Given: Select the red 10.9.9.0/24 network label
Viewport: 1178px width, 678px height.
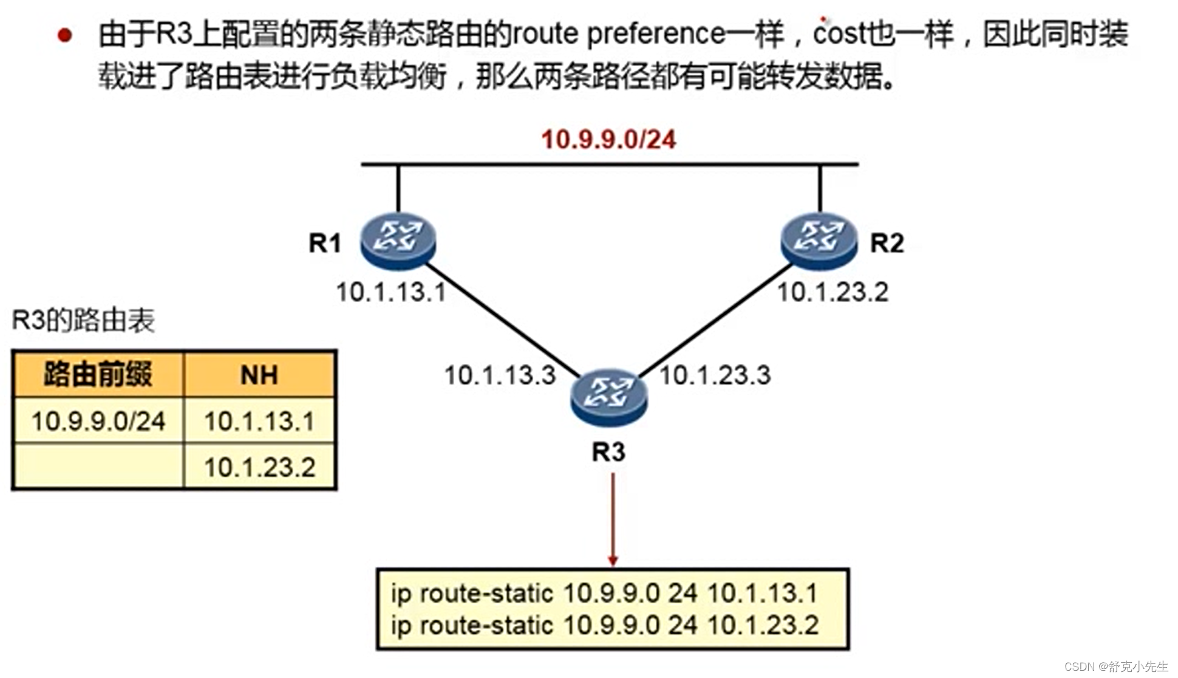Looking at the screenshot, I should [608, 140].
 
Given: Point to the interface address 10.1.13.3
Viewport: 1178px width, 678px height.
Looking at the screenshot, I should [500, 375].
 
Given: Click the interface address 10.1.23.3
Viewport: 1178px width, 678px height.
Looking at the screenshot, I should [715, 375].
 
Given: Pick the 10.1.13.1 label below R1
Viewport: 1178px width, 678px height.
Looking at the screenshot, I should [391, 292].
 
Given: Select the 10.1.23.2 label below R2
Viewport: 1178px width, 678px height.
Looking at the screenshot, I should [832, 292].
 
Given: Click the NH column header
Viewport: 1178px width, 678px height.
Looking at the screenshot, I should [259, 375].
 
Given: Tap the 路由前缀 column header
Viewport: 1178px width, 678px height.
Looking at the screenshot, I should [98, 374].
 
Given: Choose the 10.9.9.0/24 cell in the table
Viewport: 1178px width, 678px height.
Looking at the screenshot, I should [98, 421].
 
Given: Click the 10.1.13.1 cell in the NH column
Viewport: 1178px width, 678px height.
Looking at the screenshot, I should [259, 421].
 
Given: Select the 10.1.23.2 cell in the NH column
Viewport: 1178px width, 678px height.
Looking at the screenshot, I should [259, 467].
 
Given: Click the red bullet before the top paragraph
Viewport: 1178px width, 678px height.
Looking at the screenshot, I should [64, 35].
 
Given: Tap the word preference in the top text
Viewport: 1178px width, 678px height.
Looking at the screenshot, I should [656, 34].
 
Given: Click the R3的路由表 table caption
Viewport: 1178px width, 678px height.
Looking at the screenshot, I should [84, 320].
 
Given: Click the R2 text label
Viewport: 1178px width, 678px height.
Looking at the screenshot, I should [887, 243].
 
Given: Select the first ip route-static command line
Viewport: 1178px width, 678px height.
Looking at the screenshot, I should [604, 593].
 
